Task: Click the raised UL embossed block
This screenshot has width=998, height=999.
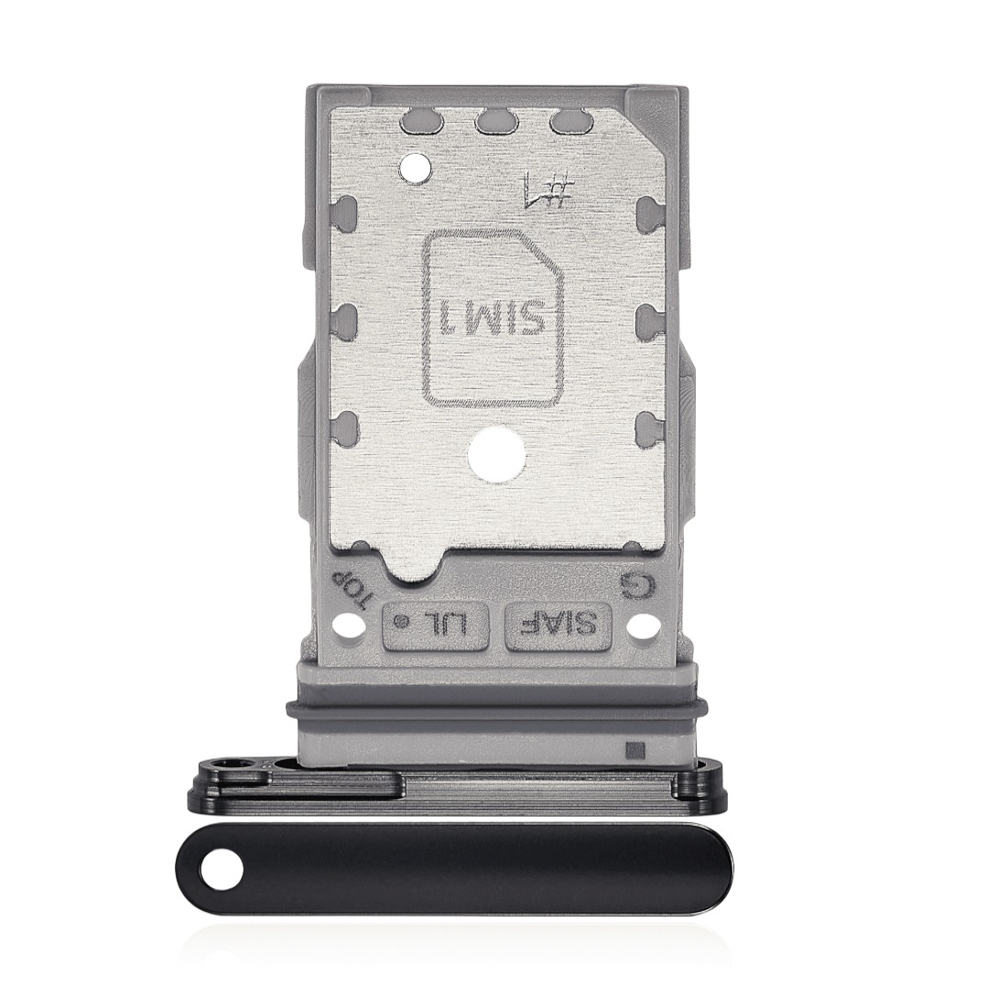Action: (436, 626)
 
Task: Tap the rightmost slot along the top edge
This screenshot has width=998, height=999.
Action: (567, 121)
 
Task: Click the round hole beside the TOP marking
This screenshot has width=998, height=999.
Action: (346, 629)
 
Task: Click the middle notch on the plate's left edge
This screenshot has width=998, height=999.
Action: (347, 318)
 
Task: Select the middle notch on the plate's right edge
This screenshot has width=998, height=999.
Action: (646, 318)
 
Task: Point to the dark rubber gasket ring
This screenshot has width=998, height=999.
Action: (494, 707)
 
